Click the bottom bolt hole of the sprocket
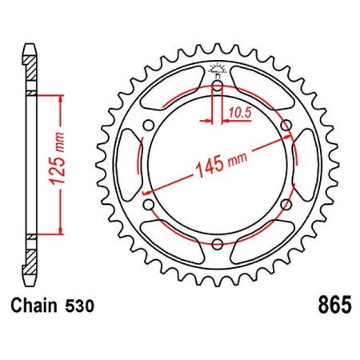pos(218,243)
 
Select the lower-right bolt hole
pos(286,203)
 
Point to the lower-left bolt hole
pos(149,203)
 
